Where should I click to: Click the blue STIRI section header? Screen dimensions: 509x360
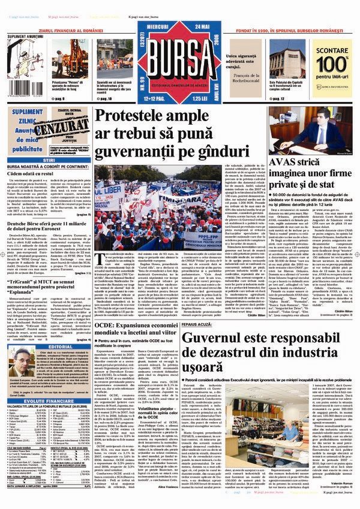point(47,160)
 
